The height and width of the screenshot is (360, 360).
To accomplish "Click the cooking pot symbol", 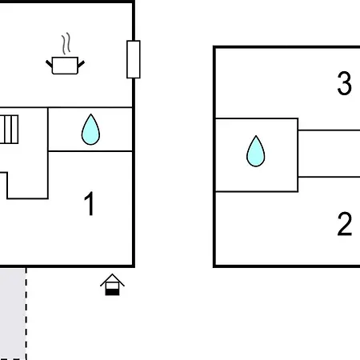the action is (65, 66).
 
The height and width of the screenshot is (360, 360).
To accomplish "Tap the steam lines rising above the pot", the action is (66, 43).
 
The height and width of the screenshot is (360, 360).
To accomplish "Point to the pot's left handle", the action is (49, 64).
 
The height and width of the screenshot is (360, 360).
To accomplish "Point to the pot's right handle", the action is (81, 64).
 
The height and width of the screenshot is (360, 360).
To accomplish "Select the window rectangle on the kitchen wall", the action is (134, 59).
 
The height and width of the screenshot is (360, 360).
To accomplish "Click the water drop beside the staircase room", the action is (90, 130).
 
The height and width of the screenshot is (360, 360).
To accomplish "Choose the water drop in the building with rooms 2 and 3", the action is (256, 151).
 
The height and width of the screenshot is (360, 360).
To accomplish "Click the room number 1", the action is (89, 203).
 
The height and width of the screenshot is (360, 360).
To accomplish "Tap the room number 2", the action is (345, 224).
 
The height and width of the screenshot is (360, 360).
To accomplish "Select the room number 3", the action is (345, 83).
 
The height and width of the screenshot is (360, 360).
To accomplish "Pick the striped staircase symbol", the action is (9, 130).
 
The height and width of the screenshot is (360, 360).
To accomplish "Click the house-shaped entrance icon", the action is (112, 285).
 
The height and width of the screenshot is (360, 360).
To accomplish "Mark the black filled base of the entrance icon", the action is (112, 292).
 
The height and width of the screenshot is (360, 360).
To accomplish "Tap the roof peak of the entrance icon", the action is (112, 274).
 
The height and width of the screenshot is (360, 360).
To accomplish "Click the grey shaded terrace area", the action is (13, 314).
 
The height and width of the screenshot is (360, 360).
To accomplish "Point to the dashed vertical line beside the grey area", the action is (26, 314).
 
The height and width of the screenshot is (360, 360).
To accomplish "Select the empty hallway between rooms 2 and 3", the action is (329, 154).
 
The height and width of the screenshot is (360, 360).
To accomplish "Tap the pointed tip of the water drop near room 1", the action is (91, 114).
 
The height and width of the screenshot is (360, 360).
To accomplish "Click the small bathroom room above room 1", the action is (90, 130).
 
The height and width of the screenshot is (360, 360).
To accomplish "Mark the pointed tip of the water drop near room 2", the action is (256, 136).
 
